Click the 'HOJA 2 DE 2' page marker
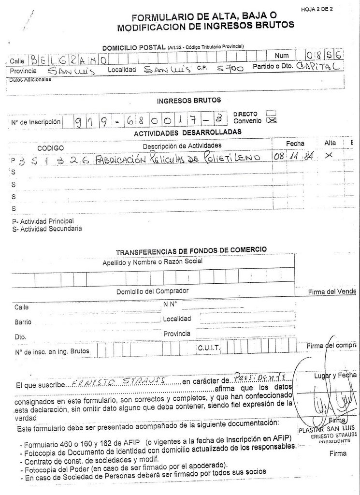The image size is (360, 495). (320, 9)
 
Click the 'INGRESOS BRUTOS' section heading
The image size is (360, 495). (189, 101)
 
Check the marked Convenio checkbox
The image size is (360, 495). (272, 120)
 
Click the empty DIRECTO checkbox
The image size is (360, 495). (272, 113)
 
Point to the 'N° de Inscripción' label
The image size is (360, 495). (35, 122)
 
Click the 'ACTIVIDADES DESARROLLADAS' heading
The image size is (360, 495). (187, 132)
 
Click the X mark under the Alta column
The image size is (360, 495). (329, 155)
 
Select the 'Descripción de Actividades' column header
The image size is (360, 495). (182, 146)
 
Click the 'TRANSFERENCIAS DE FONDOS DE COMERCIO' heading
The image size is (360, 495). (191, 250)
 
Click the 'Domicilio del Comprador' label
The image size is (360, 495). (152, 291)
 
